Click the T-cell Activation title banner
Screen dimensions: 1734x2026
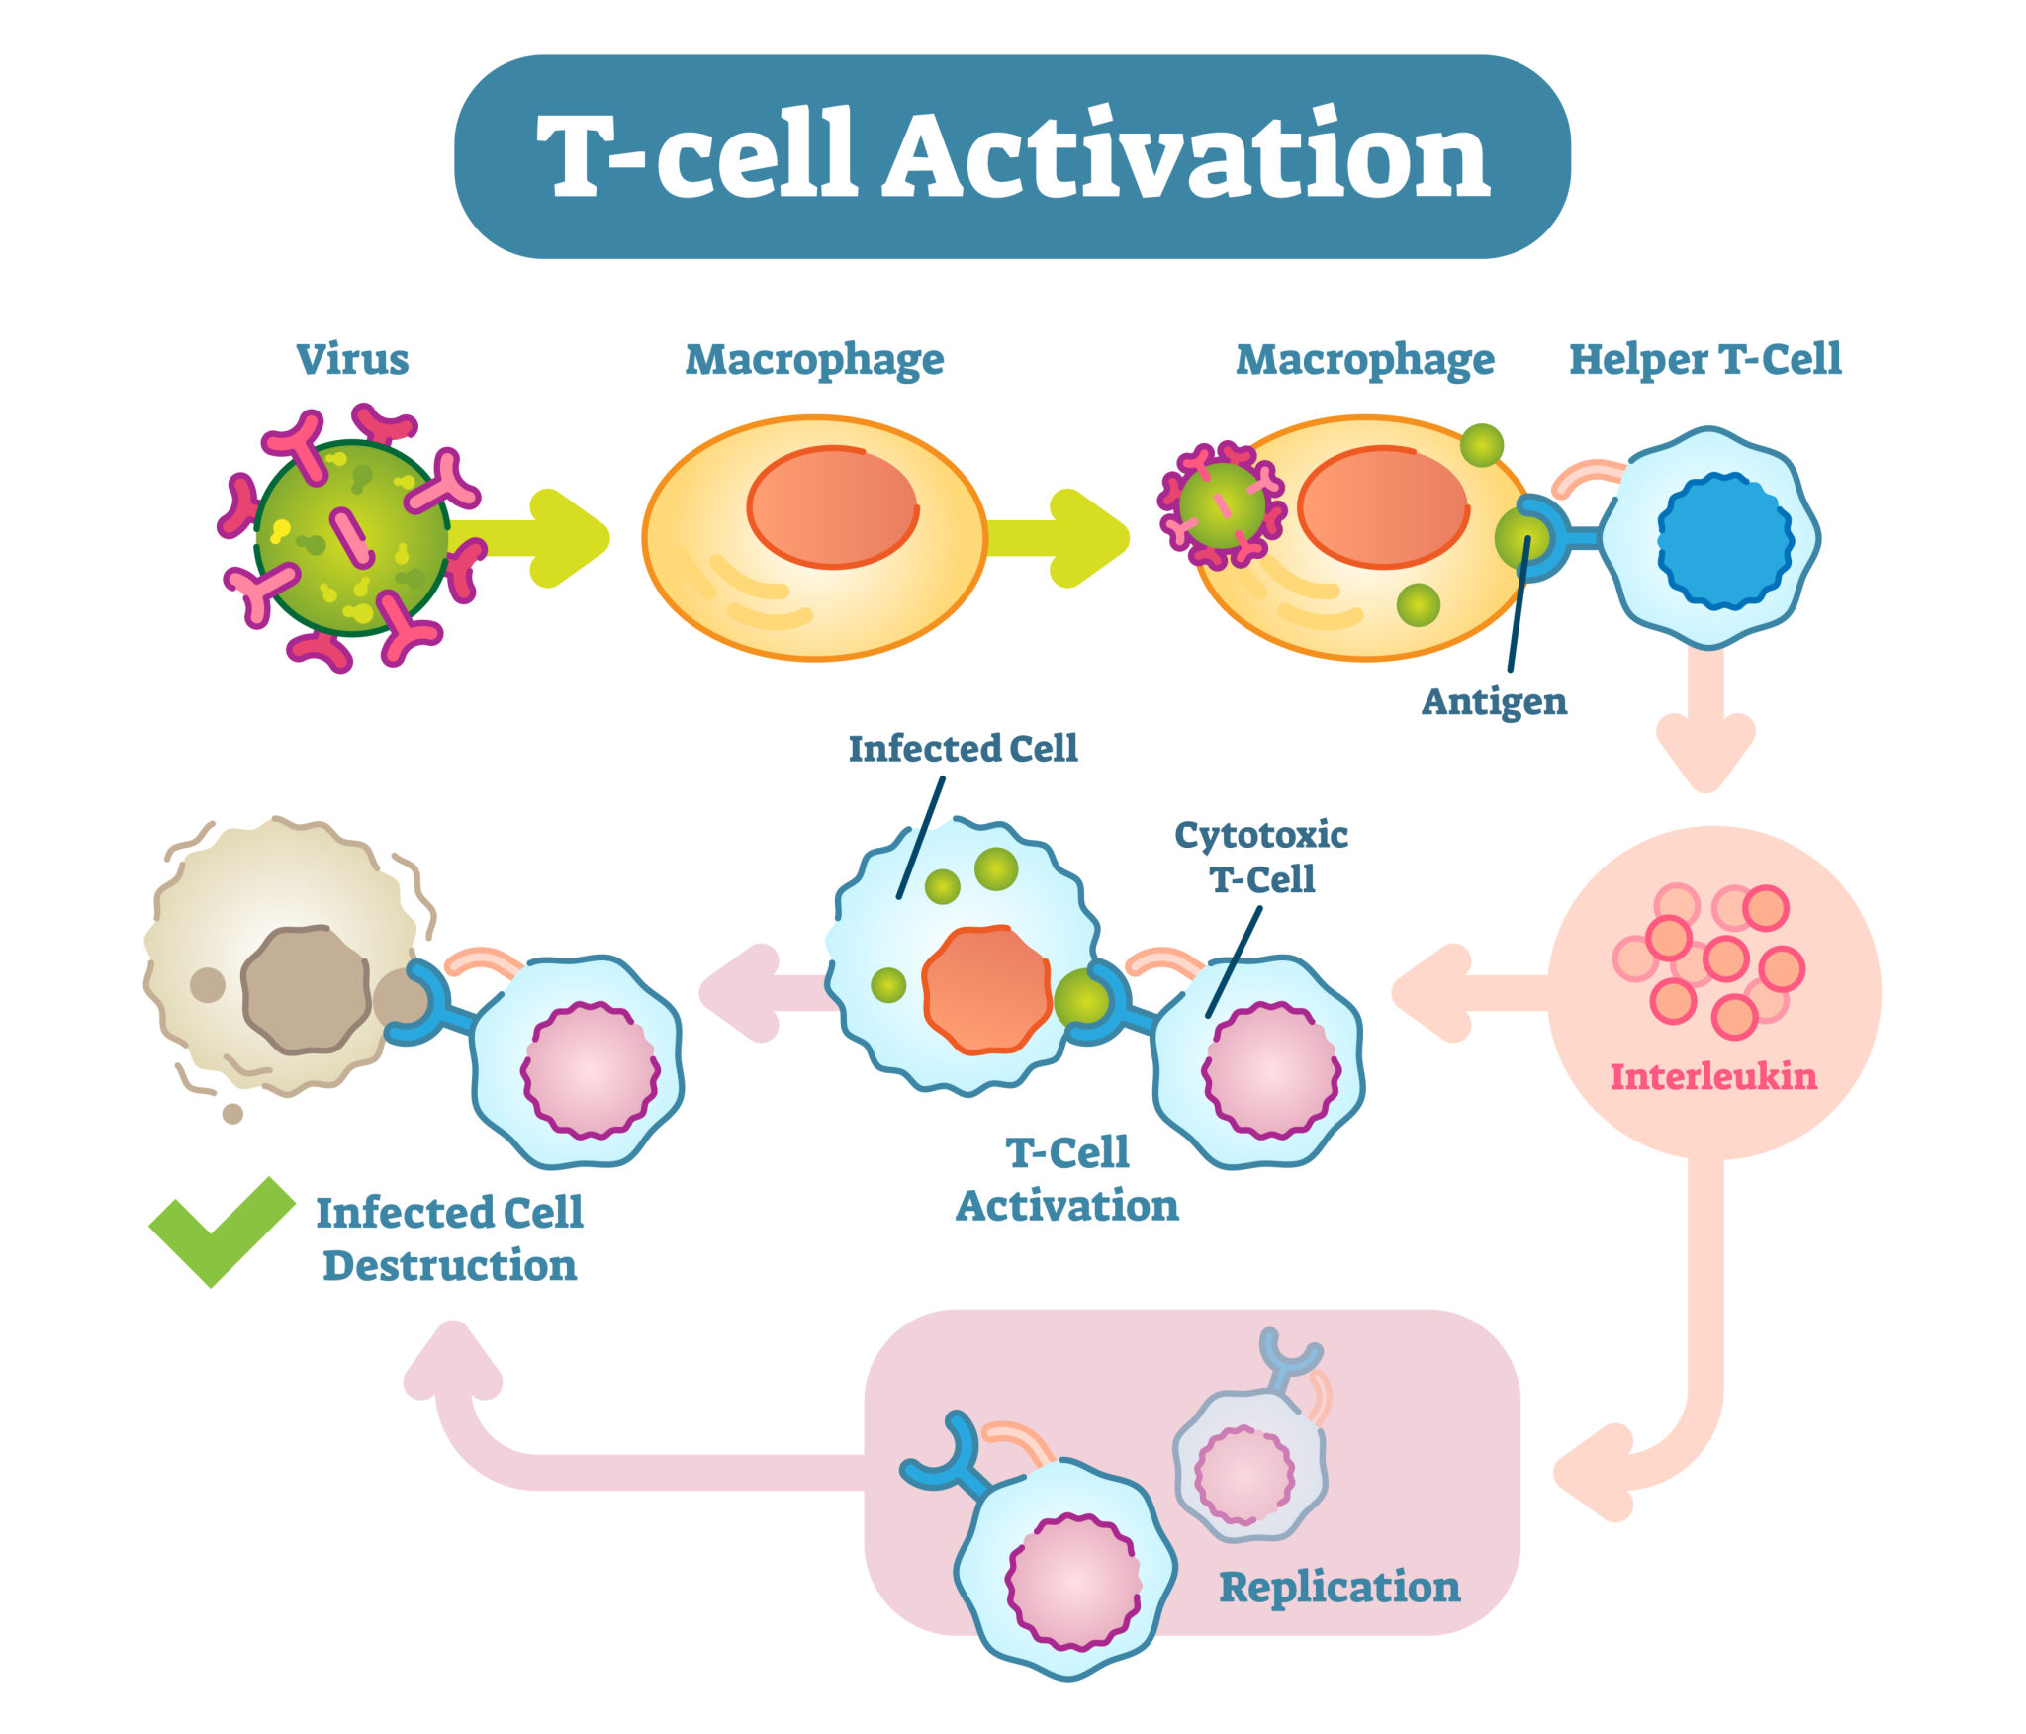1011,156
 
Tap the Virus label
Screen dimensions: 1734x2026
352,358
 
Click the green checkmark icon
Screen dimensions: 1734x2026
220,1230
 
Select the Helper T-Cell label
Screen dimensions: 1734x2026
1704,358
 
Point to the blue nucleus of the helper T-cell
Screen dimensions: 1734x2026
1724,540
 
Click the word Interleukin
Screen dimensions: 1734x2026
1712,1076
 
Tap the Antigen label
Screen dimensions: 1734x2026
1494,701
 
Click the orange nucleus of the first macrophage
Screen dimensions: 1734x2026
832,506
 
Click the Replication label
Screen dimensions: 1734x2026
1338,1587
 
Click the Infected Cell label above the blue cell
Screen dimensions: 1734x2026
963,749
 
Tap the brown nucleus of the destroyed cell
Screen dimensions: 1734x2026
306,989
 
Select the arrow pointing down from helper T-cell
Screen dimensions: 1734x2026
1705,727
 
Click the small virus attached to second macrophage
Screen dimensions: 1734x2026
1222,505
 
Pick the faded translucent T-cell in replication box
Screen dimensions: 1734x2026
1248,1464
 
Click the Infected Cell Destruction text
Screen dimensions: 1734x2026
449,1238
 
